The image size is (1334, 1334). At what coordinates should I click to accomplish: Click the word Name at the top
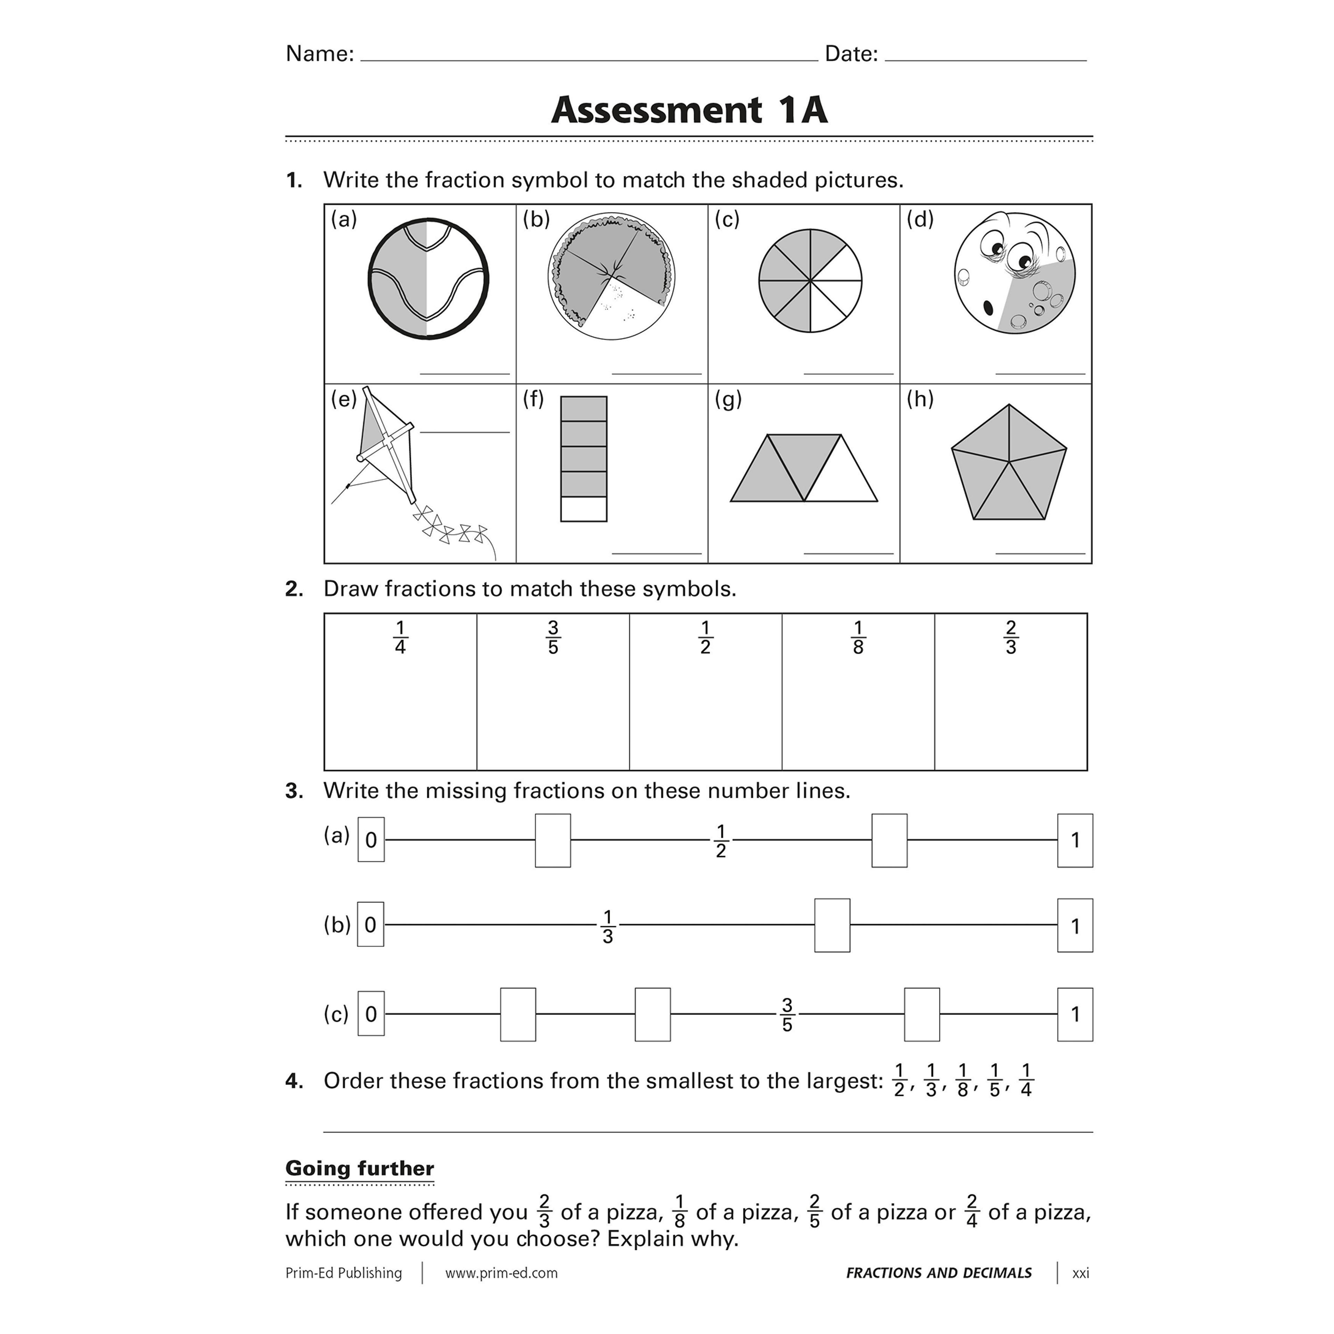(x=319, y=54)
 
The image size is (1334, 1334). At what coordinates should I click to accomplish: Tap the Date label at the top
(x=851, y=54)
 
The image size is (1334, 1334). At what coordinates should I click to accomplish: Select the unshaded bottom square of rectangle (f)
(x=584, y=509)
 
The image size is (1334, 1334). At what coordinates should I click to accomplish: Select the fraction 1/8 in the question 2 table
(x=858, y=637)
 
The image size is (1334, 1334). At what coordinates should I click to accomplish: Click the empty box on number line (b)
(x=832, y=925)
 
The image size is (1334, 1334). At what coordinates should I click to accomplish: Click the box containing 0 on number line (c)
(x=371, y=1014)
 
